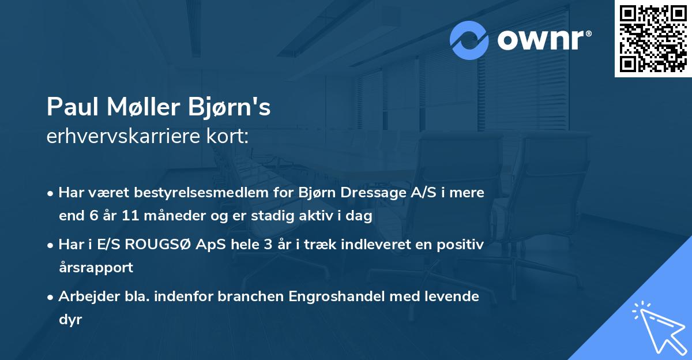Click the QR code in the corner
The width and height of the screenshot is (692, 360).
(653, 39)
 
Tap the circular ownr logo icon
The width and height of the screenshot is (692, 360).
(469, 40)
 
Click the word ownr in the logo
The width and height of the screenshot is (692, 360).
(541, 40)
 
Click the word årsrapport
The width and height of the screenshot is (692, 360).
(96, 268)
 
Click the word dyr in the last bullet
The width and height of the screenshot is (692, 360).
(70, 320)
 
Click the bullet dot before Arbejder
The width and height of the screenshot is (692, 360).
(51, 297)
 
